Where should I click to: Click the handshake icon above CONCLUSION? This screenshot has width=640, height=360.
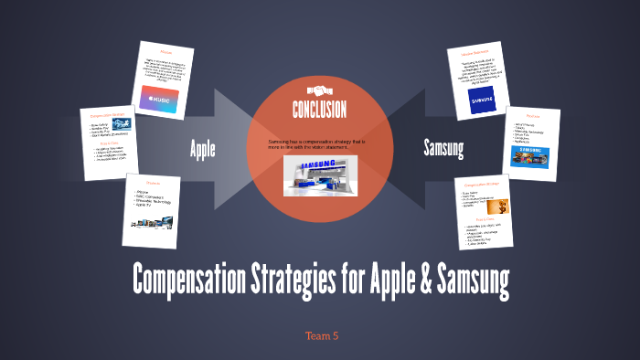coord(318,90)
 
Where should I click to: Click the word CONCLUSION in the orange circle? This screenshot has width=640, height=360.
coord(319,111)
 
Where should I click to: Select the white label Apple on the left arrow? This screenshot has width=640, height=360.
coord(203,149)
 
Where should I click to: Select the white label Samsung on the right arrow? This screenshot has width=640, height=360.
coord(445,147)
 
